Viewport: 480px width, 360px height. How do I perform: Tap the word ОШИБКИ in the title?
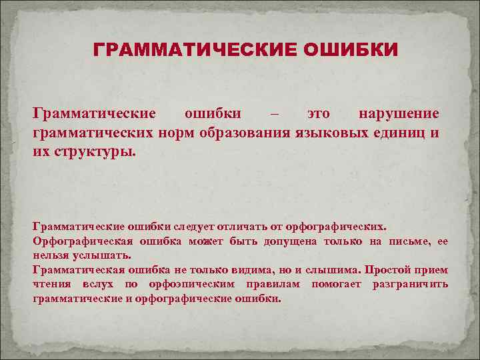click(351, 50)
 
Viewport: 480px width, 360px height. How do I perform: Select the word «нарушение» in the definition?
click(399, 113)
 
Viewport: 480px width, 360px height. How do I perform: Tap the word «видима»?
click(244, 270)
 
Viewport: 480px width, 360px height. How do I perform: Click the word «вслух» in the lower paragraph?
click(99, 285)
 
